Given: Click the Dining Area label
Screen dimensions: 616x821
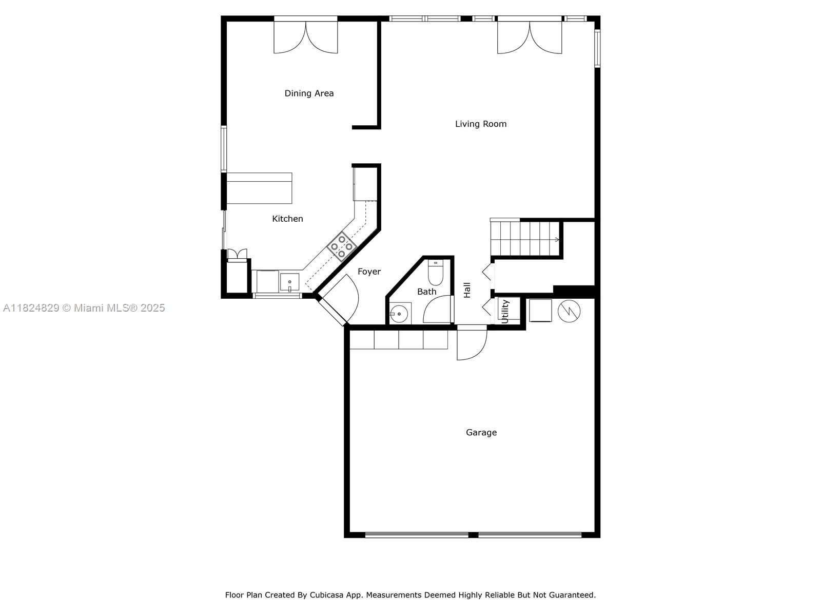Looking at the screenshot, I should (x=309, y=93).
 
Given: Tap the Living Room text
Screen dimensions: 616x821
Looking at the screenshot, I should (x=481, y=124).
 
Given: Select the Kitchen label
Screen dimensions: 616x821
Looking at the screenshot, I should (x=287, y=219).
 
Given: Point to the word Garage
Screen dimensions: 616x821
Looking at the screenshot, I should (x=481, y=433).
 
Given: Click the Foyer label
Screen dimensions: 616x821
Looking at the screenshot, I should (x=369, y=272).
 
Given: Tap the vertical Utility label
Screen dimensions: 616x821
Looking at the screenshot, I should (x=505, y=312).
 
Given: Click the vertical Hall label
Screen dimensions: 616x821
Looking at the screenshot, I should (x=467, y=290).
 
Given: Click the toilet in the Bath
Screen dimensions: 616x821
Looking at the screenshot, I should (x=436, y=273).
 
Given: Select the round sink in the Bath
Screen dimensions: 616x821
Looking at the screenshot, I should (x=398, y=314).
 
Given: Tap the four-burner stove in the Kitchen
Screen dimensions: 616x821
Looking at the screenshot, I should (x=342, y=246).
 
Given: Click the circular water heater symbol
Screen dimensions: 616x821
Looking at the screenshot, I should (x=569, y=311).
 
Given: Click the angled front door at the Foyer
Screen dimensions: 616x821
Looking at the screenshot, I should (x=339, y=303).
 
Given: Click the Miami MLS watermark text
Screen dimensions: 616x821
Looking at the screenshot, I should (x=84, y=308).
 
